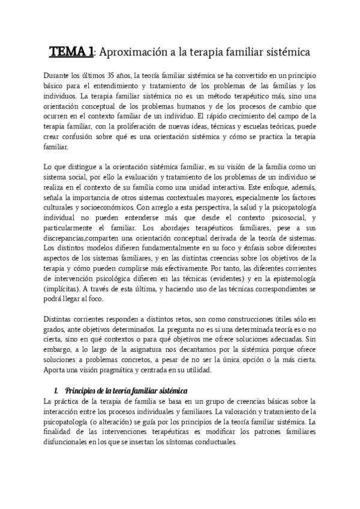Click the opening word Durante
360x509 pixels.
(59, 74)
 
